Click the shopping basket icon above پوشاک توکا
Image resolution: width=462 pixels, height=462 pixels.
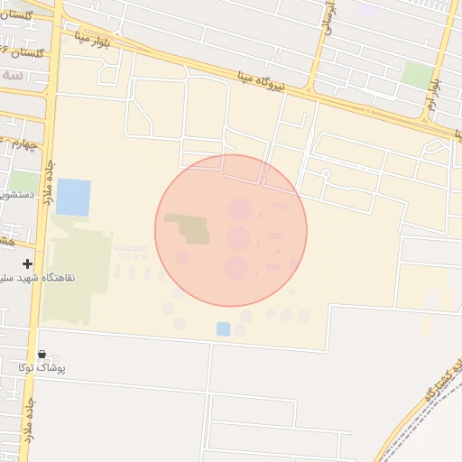(41, 354)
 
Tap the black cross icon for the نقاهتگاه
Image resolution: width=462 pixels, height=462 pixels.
(28, 264)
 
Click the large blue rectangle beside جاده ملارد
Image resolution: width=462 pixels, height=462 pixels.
(73, 198)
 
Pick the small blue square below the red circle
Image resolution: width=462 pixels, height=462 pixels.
(223, 328)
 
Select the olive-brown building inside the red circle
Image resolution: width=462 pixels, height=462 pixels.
(190, 229)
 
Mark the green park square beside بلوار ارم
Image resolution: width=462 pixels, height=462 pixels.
(416, 75)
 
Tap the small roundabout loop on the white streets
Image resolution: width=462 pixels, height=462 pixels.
(326, 171)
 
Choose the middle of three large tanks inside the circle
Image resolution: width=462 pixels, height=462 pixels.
(238, 238)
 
